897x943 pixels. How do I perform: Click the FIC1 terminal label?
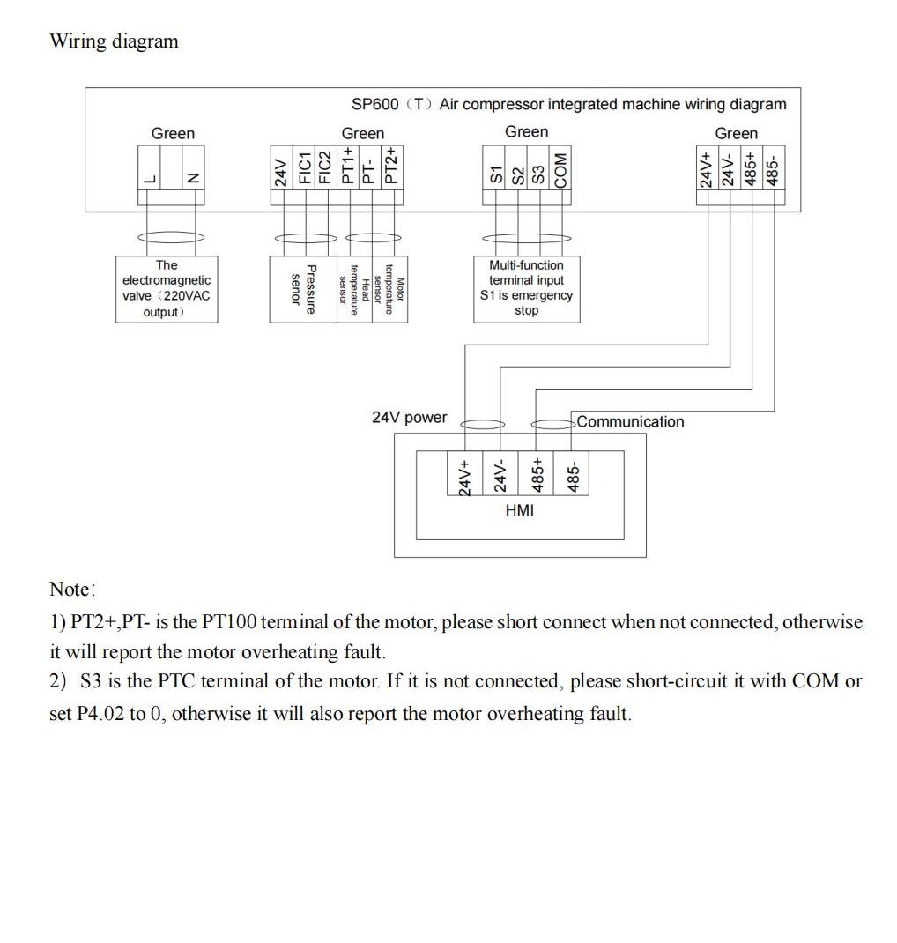pyautogui.click(x=305, y=167)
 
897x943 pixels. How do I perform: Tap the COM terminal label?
pyautogui.click(x=560, y=170)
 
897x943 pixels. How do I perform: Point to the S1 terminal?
pyautogui.click(x=496, y=175)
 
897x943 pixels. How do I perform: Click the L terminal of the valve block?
pyautogui.click(x=150, y=179)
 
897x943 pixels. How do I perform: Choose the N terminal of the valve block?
pyautogui.click(x=193, y=178)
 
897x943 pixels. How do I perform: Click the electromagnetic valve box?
pyautogui.click(x=167, y=289)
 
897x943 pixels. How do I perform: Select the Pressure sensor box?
pyautogui.click(x=303, y=289)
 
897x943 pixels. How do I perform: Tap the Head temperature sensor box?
pyautogui.click(x=355, y=289)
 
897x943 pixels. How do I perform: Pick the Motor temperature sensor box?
pyautogui.click(x=389, y=289)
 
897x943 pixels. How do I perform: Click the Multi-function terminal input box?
pyautogui.click(x=527, y=289)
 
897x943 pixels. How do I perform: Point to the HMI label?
pyautogui.click(x=520, y=510)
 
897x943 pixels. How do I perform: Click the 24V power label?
pyautogui.click(x=410, y=418)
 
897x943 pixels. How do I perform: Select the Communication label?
pyautogui.click(x=630, y=421)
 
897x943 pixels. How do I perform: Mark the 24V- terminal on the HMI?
pyautogui.click(x=500, y=475)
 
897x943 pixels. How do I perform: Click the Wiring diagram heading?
pyautogui.click(x=115, y=41)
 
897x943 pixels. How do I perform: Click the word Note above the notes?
pyautogui.click(x=70, y=589)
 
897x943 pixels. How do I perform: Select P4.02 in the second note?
pyautogui.click(x=101, y=714)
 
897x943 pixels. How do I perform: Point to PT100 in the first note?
pyautogui.click(x=229, y=621)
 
